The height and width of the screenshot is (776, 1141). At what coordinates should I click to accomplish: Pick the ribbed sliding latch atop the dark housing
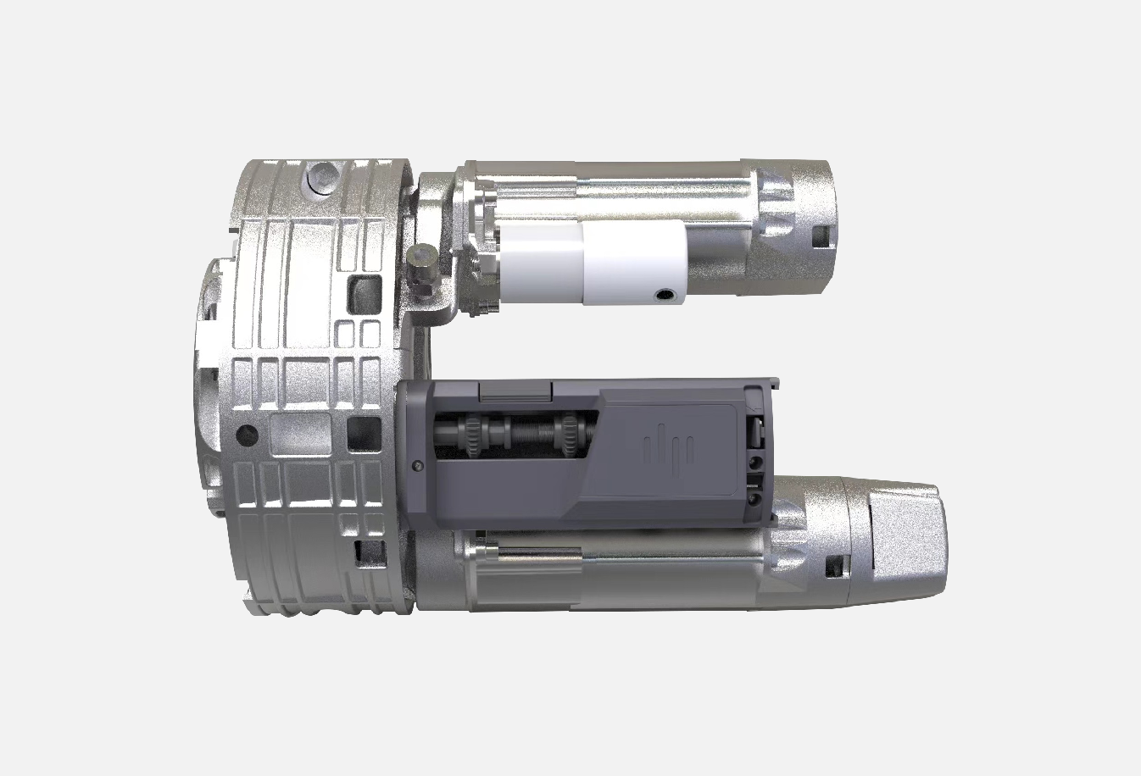[515, 391]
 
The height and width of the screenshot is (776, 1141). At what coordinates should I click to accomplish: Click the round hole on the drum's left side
[247, 435]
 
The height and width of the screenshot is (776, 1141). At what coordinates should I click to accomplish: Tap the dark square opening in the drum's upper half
[365, 286]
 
